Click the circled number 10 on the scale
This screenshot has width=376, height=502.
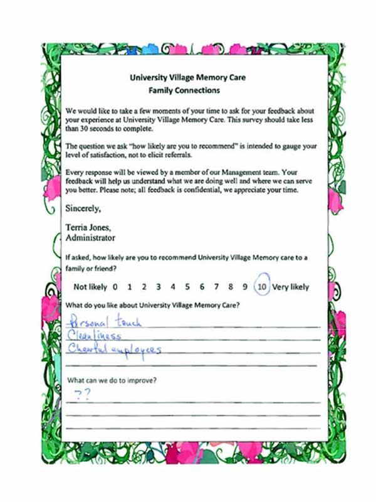click(x=262, y=287)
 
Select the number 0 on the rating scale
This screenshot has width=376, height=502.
click(x=115, y=287)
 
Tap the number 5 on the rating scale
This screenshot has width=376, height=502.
click(x=187, y=287)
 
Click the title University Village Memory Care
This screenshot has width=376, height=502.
click(x=187, y=78)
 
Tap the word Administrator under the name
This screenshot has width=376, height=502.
click(x=90, y=238)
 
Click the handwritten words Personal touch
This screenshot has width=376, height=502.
click(x=104, y=323)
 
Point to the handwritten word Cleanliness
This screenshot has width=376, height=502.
click(x=94, y=336)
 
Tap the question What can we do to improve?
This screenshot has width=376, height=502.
click(x=112, y=380)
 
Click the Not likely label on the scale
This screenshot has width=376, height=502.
click(x=90, y=287)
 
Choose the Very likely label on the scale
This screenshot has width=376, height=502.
click(x=291, y=287)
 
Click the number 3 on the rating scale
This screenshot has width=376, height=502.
click(x=159, y=287)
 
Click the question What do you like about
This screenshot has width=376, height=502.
click(x=156, y=306)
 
